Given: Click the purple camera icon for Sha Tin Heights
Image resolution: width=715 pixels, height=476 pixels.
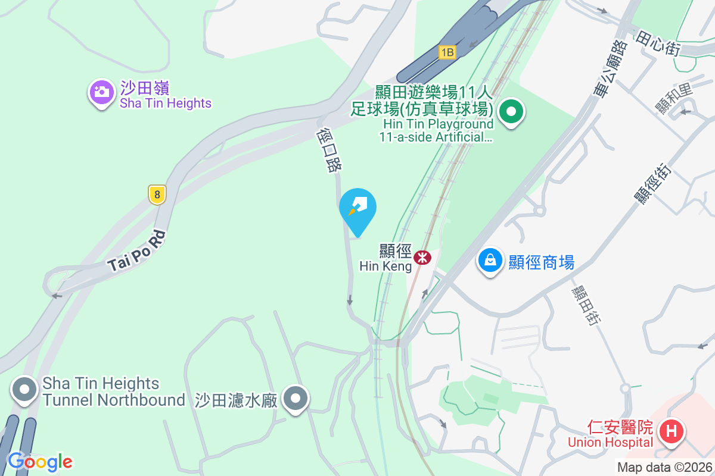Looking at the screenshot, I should point(102,92).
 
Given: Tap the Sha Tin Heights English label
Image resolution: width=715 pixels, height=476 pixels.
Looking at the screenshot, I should point(165,104).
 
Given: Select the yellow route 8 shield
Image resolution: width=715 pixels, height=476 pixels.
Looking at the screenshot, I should point(157,194).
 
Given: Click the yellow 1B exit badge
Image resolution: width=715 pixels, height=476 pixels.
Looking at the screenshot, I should point(447,52).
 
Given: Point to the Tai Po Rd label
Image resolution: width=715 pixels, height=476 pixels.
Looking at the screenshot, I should point(136,252).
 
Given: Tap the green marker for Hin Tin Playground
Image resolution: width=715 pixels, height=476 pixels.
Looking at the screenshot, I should point(511,111).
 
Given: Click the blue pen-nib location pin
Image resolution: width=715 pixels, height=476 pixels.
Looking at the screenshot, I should point(357,208).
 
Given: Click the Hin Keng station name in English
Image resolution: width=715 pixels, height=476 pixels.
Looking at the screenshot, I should point(386,266).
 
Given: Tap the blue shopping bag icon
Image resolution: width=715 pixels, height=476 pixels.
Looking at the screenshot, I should point(490,261).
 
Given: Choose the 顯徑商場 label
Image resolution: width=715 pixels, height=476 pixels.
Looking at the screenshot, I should point(541,262).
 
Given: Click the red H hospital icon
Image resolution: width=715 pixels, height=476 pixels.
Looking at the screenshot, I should point(672,431).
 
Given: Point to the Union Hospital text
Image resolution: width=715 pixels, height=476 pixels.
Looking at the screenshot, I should point(610,442).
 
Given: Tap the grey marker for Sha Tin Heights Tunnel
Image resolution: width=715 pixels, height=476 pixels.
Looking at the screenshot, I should point(24,390).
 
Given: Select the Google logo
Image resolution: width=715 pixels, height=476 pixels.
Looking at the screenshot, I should point(40,461).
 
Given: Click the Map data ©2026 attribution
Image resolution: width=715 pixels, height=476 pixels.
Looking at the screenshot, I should point(664,468).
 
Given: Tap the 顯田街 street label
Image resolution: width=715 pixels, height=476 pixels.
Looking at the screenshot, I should point(583,305).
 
